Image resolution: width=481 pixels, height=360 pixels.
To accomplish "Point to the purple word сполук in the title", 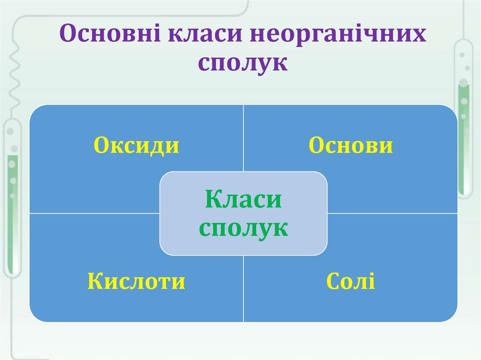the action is [242, 62].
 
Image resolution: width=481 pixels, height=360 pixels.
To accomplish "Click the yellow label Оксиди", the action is [136, 146].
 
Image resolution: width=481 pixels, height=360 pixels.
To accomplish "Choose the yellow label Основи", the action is [350, 146].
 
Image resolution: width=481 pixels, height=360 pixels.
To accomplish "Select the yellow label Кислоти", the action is [136, 282].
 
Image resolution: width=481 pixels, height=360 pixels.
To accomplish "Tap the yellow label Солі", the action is [350, 282].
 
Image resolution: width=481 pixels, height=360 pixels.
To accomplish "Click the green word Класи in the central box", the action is [243, 200].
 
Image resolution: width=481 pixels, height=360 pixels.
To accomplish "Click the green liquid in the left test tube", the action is [13, 188].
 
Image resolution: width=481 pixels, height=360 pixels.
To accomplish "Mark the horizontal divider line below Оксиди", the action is [94, 213].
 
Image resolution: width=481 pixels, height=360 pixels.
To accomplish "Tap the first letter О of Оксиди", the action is [101, 146].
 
